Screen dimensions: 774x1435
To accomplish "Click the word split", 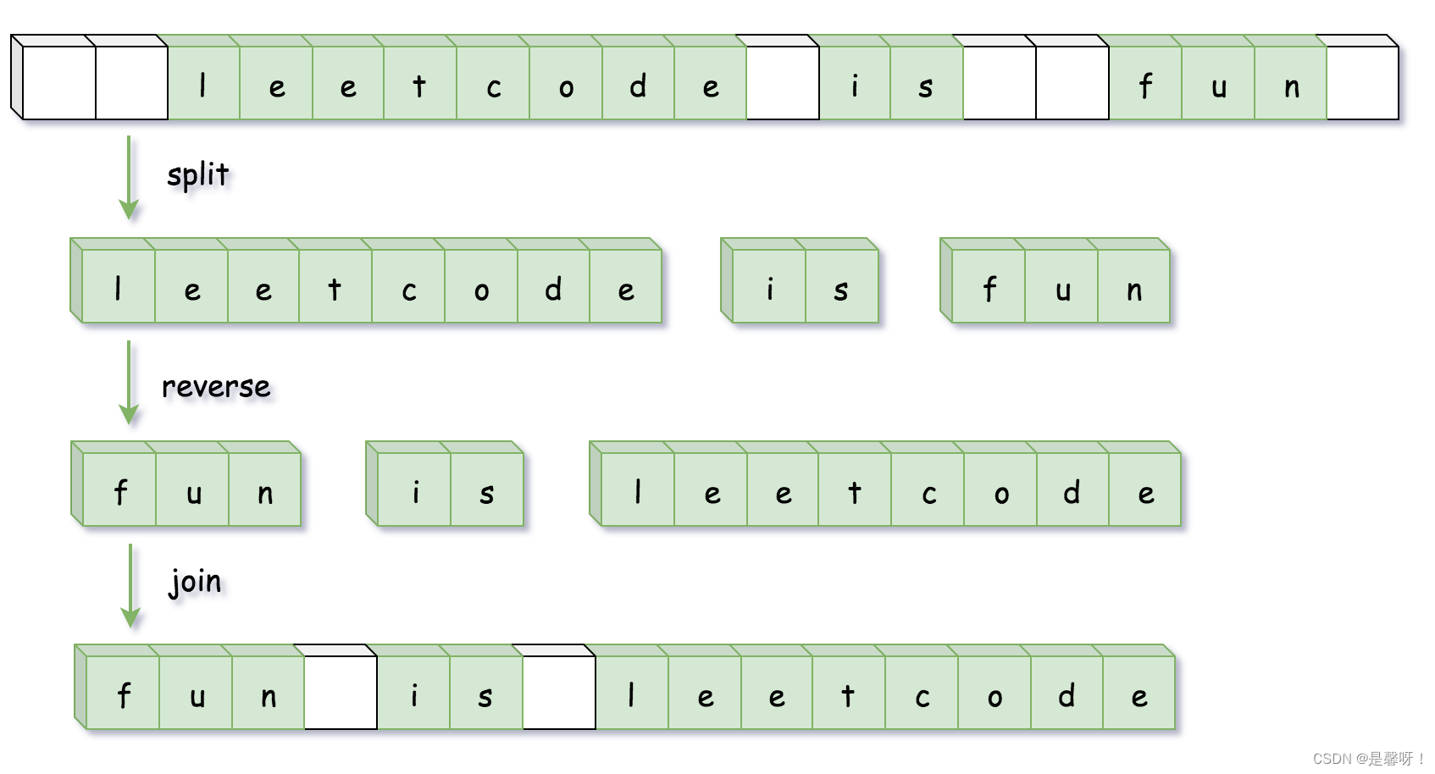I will [197, 175].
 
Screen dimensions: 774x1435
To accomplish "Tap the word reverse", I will [216, 386].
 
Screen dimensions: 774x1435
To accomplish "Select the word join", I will [196, 582].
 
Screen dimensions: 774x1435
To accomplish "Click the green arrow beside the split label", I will [129, 177].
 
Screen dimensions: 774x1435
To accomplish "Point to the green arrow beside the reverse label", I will [129, 382].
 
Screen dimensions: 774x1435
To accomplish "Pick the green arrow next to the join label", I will [130, 585].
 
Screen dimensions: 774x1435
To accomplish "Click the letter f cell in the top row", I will [1145, 85].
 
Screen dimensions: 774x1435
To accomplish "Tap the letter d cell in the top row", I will [638, 85].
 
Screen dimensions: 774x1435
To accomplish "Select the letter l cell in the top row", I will [203, 85].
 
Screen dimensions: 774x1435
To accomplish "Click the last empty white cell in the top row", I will [1362, 83].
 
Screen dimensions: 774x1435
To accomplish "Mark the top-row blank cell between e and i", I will [783, 83].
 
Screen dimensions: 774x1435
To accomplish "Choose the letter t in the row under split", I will [335, 289].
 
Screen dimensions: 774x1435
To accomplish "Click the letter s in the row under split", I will [840, 289].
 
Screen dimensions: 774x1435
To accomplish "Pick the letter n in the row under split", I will [1133, 289].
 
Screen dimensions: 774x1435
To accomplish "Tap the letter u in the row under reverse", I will [193, 491].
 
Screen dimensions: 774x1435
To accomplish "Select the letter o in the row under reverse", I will [1000, 491].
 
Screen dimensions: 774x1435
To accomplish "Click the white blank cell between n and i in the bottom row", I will [341, 693].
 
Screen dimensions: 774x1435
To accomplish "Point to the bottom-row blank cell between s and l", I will [559, 693].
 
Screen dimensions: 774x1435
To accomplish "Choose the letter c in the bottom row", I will [922, 695].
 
